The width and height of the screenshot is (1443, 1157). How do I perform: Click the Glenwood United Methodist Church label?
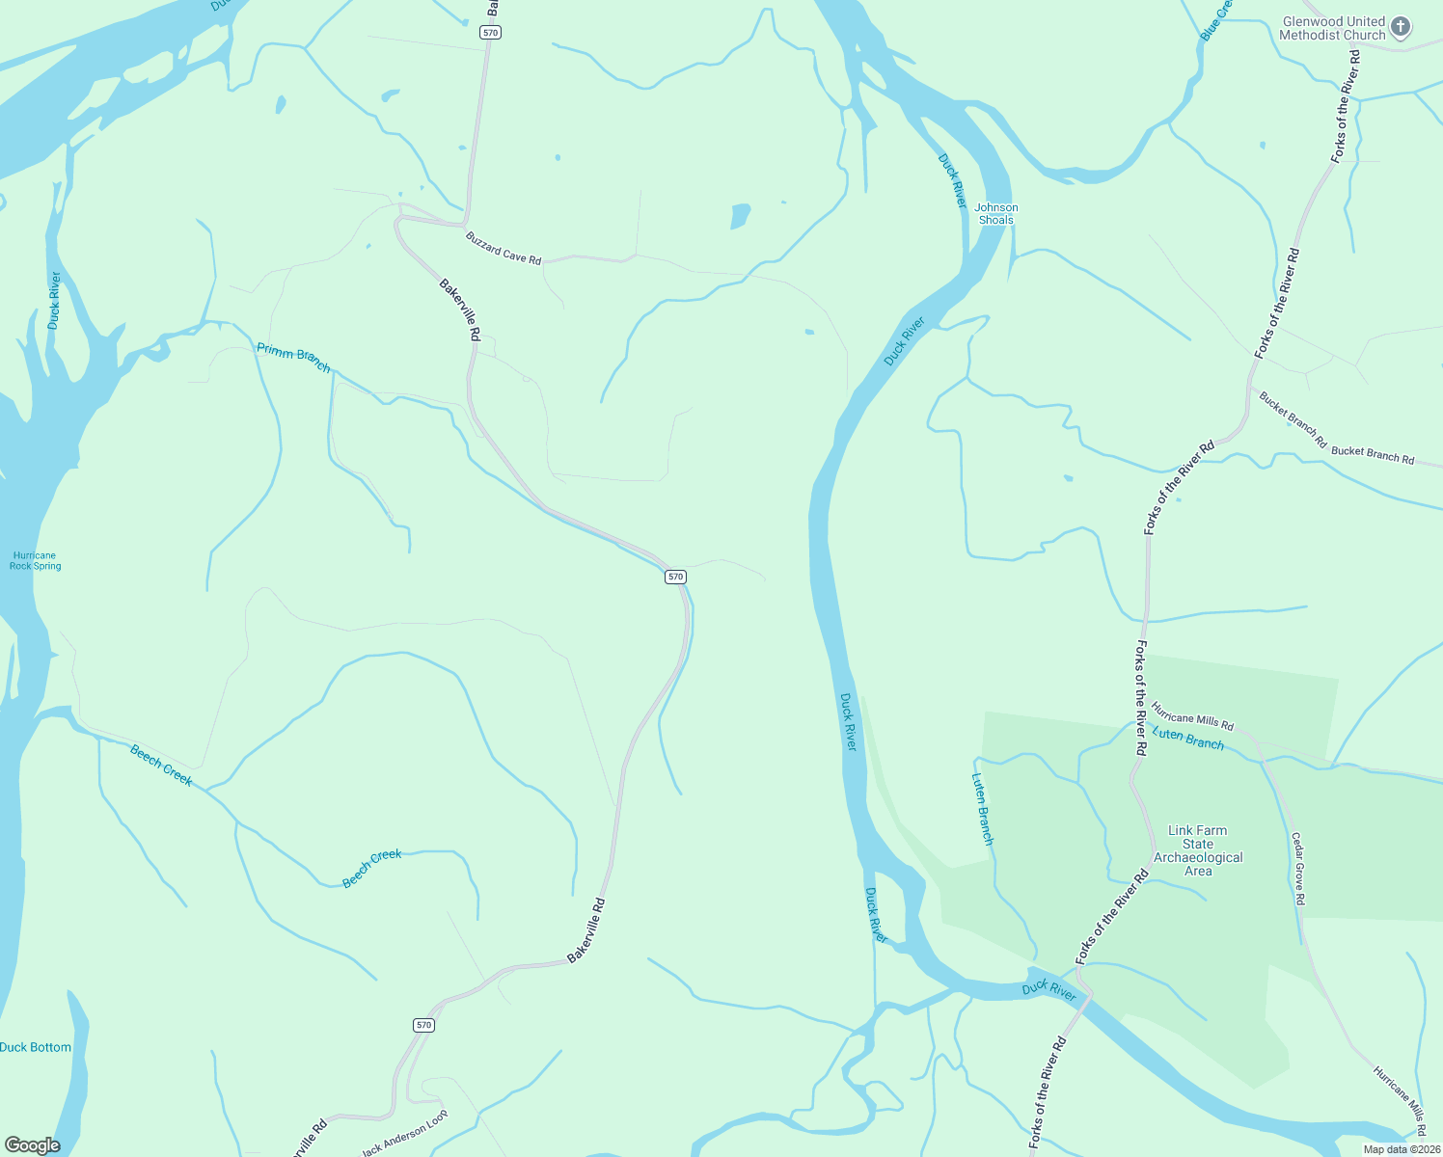[x=1332, y=28]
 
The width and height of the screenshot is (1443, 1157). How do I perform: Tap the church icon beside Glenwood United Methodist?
[x=1402, y=27]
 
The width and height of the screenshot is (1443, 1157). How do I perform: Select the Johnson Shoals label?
[x=996, y=214]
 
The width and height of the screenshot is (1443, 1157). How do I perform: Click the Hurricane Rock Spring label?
[x=35, y=561]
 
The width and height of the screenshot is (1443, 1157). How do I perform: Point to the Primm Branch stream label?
[x=293, y=358]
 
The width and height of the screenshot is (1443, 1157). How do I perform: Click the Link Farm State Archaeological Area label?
[x=1198, y=850]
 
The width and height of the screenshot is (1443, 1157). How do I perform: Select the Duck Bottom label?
[x=36, y=1047]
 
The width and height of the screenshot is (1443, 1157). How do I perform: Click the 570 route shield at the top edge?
[x=491, y=33]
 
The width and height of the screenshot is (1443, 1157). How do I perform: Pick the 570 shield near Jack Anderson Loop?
[x=423, y=1025]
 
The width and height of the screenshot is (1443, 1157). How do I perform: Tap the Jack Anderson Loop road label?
[x=405, y=1134]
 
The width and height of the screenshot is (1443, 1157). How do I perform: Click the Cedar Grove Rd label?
[x=1298, y=869]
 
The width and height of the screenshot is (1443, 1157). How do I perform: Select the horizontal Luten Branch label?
[x=1188, y=740]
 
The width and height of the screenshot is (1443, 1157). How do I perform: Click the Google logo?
[x=32, y=1145]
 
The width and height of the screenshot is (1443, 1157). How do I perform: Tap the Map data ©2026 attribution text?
[x=1401, y=1149]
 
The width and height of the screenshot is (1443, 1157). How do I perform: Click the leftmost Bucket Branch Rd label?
[x=1293, y=419]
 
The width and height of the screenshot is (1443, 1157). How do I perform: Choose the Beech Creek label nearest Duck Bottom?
[x=161, y=766]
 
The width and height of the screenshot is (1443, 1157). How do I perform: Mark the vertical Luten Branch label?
[x=982, y=810]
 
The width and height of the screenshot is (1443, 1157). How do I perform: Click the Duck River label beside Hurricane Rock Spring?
[x=54, y=301]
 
